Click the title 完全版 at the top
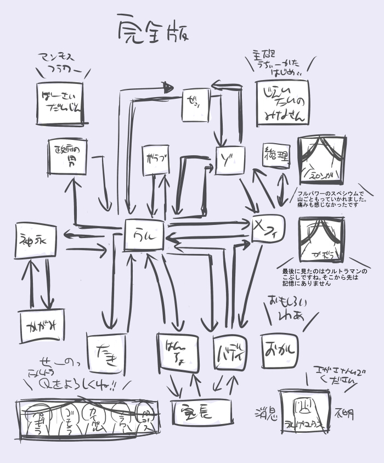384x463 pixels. click(154, 31)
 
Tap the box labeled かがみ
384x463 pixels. click(42, 326)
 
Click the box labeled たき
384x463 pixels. click(106, 354)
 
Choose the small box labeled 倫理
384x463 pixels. click(276, 155)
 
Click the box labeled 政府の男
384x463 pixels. click(67, 156)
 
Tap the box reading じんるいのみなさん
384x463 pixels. click(282, 103)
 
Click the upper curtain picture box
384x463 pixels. click(321, 160)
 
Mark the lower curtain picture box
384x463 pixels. click(322, 240)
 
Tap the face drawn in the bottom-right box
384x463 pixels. click(303, 406)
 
